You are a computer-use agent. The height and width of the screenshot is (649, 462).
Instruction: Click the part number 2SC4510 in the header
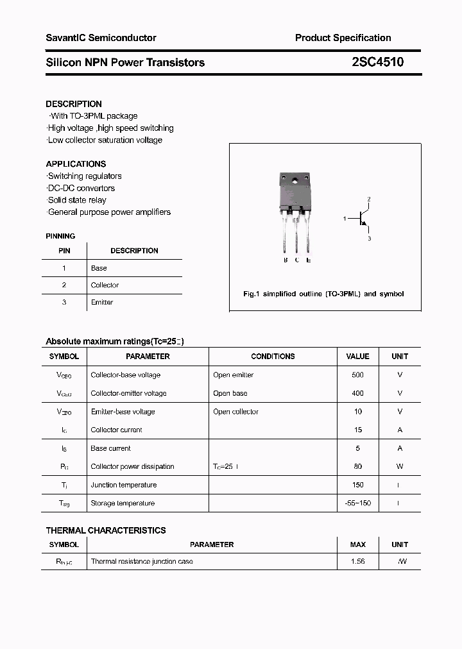[x=377, y=62]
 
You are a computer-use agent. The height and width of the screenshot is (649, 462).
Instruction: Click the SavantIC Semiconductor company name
[x=101, y=38]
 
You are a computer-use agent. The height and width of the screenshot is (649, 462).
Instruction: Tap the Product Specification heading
[x=343, y=38]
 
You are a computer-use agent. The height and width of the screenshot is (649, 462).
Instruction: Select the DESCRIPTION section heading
[x=74, y=104]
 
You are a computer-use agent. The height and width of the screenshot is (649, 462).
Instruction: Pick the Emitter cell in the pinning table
[x=102, y=302]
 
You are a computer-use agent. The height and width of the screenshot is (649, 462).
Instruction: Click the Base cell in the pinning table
[x=99, y=268]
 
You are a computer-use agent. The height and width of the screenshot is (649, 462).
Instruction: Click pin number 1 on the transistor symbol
[x=345, y=219]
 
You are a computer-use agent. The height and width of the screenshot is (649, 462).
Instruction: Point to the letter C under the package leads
[x=297, y=260]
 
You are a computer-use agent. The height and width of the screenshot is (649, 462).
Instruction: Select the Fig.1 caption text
[x=323, y=294]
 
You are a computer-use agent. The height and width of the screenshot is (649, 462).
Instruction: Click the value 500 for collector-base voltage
[x=357, y=375]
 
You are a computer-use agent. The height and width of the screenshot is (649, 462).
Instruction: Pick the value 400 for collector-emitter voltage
[x=357, y=393]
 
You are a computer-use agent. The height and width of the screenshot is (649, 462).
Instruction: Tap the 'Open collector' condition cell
[x=235, y=412]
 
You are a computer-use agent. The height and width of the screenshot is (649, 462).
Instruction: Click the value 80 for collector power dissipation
[x=357, y=466]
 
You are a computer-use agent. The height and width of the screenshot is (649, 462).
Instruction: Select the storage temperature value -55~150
[x=357, y=503]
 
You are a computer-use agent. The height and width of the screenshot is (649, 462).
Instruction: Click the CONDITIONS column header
[x=273, y=356]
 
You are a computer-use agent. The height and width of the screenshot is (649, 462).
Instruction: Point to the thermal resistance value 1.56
[x=357, y=561]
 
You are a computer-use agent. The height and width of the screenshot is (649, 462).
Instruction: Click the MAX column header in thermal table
[x=357, y=544]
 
